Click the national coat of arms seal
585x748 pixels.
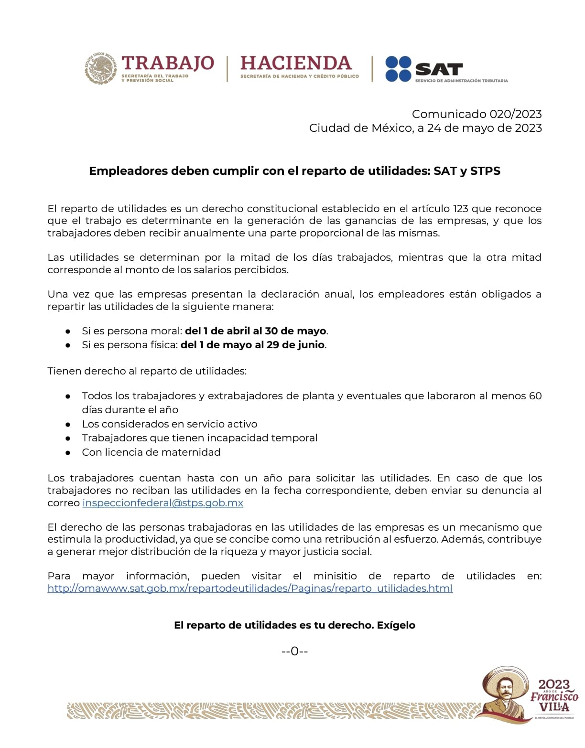[x=100, y=69]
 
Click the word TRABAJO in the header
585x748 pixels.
[x=168, y=63]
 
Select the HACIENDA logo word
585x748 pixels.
[x=296, y=63]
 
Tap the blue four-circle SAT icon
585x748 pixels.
[x=398, y=69]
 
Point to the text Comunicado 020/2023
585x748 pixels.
[x=477, y=114]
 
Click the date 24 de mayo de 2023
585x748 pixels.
[x=484, y=128]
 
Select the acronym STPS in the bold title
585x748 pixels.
[x=485, y=171]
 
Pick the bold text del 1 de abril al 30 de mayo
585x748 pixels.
[x=255, y=331]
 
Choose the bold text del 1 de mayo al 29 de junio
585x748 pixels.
[x=253, y=345]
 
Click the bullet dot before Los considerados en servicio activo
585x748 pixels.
[x=68, y=424]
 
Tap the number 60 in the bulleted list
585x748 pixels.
[x=535, y=396]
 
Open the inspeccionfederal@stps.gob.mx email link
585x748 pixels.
[x=162, y=503]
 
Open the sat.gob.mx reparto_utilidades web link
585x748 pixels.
[x=249, y=588]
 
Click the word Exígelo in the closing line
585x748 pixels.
[x=396, y=625]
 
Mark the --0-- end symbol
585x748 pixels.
[x=294, y=651]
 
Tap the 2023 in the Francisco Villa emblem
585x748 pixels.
[x=554, y=684]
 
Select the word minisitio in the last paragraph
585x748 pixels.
[x=335, y=576]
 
